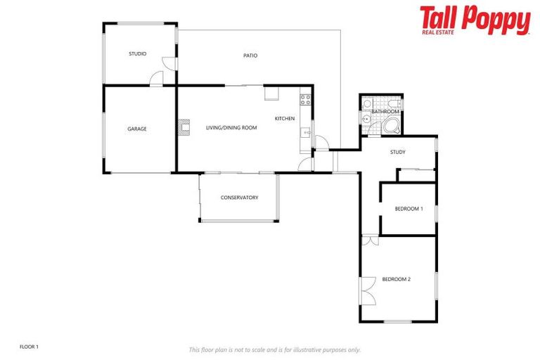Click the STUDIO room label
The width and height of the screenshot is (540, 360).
[137, 54]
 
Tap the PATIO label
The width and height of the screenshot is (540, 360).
[250, 55]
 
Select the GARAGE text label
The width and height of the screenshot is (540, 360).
[136, 129]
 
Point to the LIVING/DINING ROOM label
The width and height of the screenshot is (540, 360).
[231, 128]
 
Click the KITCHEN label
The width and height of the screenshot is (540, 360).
[284, 118]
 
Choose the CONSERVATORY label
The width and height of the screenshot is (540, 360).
[239, 198]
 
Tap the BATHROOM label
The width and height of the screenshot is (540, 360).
[385, 112]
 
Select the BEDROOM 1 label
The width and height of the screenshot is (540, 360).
[409, 209]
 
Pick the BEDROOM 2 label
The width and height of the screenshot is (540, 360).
[396, 279]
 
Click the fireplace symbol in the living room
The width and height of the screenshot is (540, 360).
[184, 127]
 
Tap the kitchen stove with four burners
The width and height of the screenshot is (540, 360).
[305, 100]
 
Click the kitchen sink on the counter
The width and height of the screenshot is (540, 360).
[305, 131]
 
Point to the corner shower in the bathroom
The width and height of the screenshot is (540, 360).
[392, 125]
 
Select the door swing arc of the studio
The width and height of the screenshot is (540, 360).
[160, 76]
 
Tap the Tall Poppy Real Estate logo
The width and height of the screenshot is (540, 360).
[475, 20]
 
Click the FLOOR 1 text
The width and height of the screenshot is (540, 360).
[29, 347]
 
